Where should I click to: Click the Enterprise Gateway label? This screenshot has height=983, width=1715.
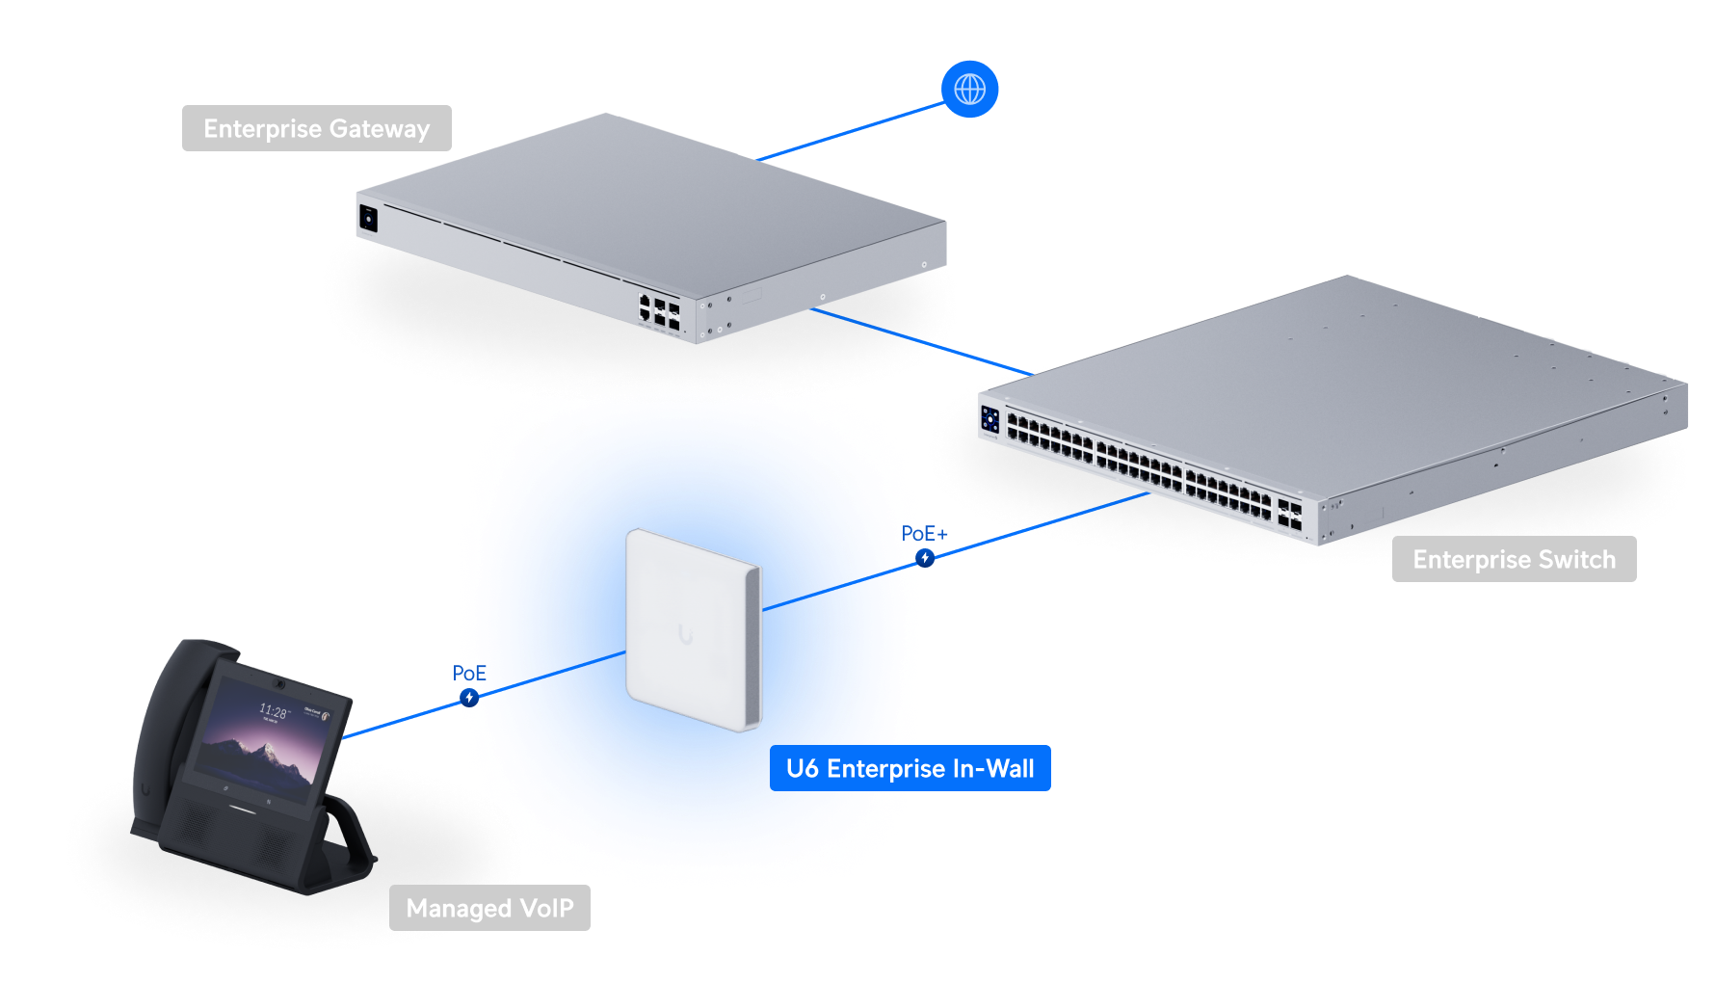point(316,128)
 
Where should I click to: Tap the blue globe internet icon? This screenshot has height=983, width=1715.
point(969,90)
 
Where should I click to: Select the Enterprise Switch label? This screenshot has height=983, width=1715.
point(1514,560)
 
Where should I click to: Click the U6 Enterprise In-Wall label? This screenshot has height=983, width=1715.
point(910,769)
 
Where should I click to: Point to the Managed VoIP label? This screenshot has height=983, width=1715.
point(489,908)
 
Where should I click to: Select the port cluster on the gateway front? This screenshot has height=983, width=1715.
point(659,311)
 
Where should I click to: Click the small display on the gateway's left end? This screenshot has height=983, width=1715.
point(367,219)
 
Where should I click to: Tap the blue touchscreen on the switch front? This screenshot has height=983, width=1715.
point(990,419)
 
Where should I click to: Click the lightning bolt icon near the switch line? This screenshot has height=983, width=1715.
point(925,557)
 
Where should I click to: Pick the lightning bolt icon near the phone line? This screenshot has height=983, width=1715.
point(469,696)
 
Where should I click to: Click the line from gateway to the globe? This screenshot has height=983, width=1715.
point(848,132)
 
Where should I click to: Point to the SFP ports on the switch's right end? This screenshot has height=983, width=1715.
point(1289,516)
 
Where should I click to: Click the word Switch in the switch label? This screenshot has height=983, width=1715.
point(1576,560)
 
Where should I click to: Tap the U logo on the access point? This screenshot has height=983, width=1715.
point(685,634)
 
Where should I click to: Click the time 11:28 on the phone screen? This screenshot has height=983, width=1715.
point(273,711)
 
